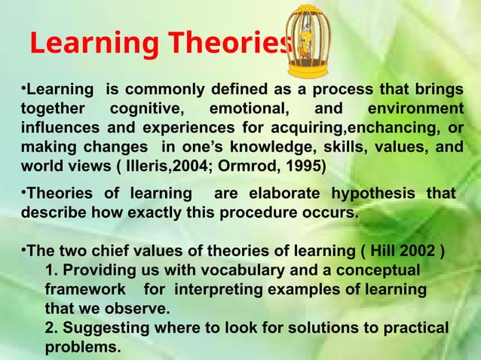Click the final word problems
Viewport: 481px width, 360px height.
[x=82, y=348]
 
